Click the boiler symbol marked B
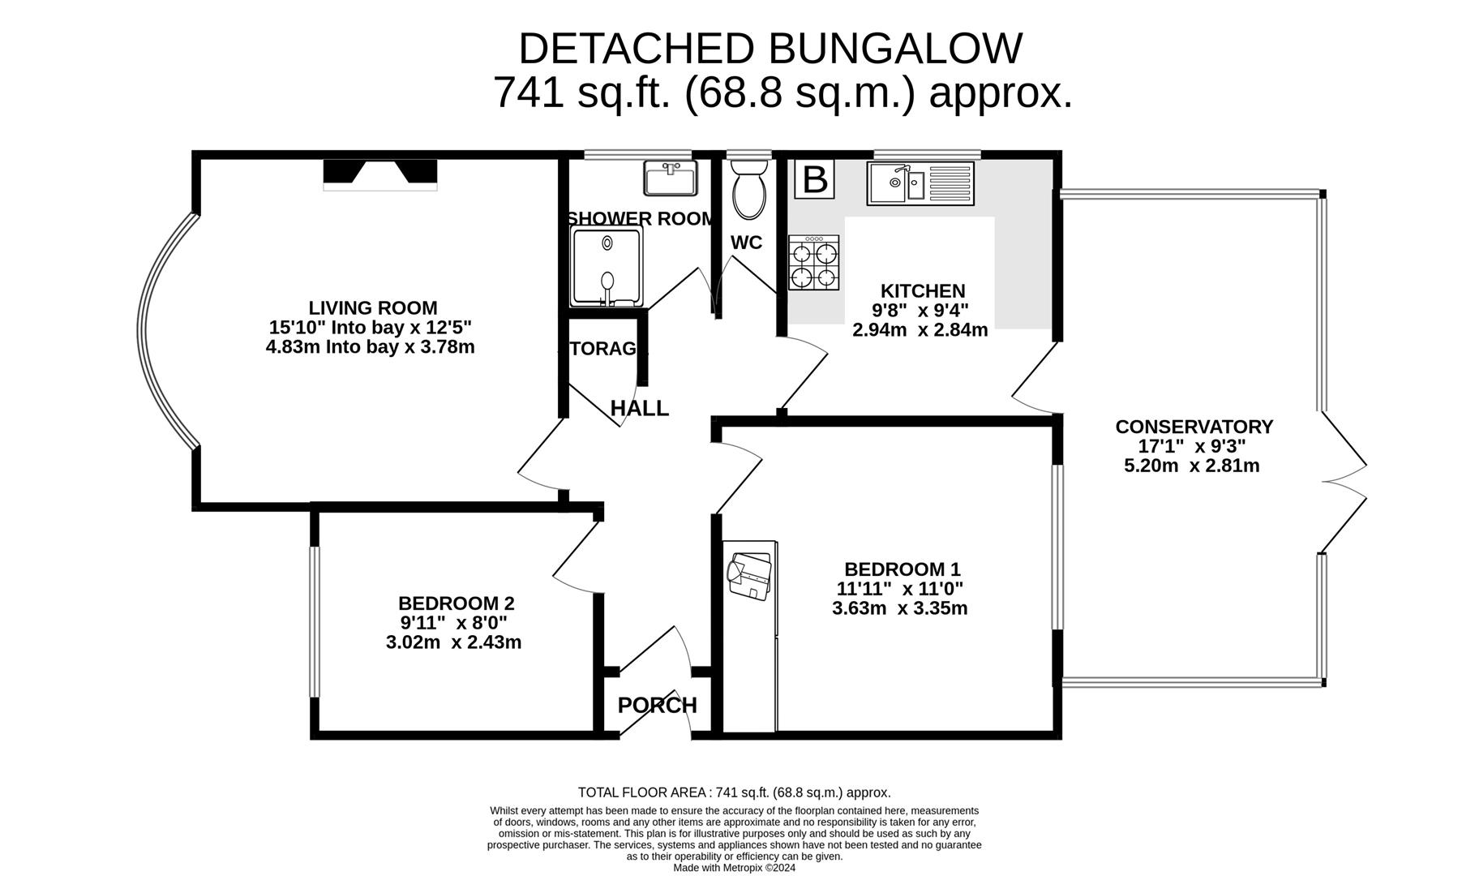click(x=814, y=179)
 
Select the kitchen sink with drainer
click(x=920, y=183)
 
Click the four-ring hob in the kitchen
click(x=814, y=263)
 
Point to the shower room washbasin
click(x=670, y=178)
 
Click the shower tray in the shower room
click(x=607, y=267)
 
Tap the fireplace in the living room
click(x=379, y=174)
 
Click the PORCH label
click(x=657, y=706)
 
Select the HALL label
click(x=639, y=409)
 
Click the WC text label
click(x=746, y=243)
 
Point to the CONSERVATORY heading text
click(x=1194, y=427)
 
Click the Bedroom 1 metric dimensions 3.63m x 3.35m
click(x=899, y=608)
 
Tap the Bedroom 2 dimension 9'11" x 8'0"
click(x=453, y=623)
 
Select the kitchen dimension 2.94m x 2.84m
click(x=920, y=330)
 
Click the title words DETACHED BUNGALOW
click(x=770, y=49)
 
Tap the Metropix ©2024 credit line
click(x=734, y=867)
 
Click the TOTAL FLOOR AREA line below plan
click(x=734, y=792)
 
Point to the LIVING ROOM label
click(x=372, y=308)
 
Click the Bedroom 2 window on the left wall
click(x=315, y=621)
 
